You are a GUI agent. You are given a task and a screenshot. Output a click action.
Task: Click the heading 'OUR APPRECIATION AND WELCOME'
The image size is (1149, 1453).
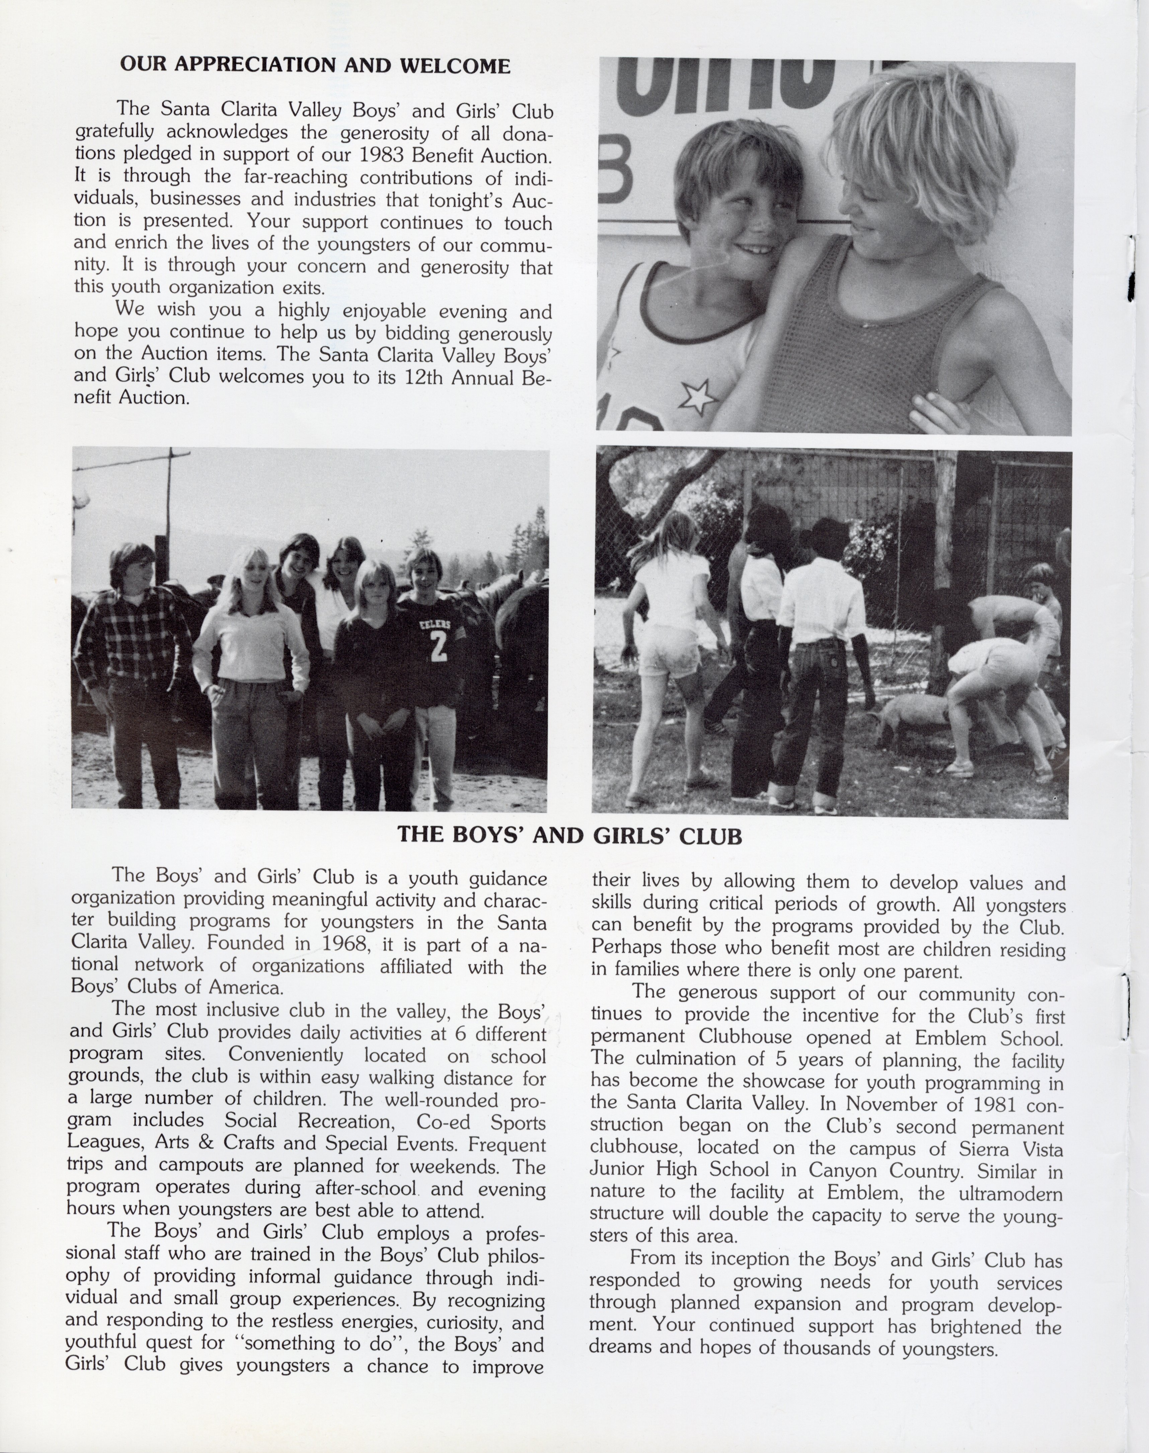315,65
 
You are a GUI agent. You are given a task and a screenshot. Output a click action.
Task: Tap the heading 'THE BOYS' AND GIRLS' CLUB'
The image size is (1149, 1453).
570,836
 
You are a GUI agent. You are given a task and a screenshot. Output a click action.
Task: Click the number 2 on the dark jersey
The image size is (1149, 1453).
438,647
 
